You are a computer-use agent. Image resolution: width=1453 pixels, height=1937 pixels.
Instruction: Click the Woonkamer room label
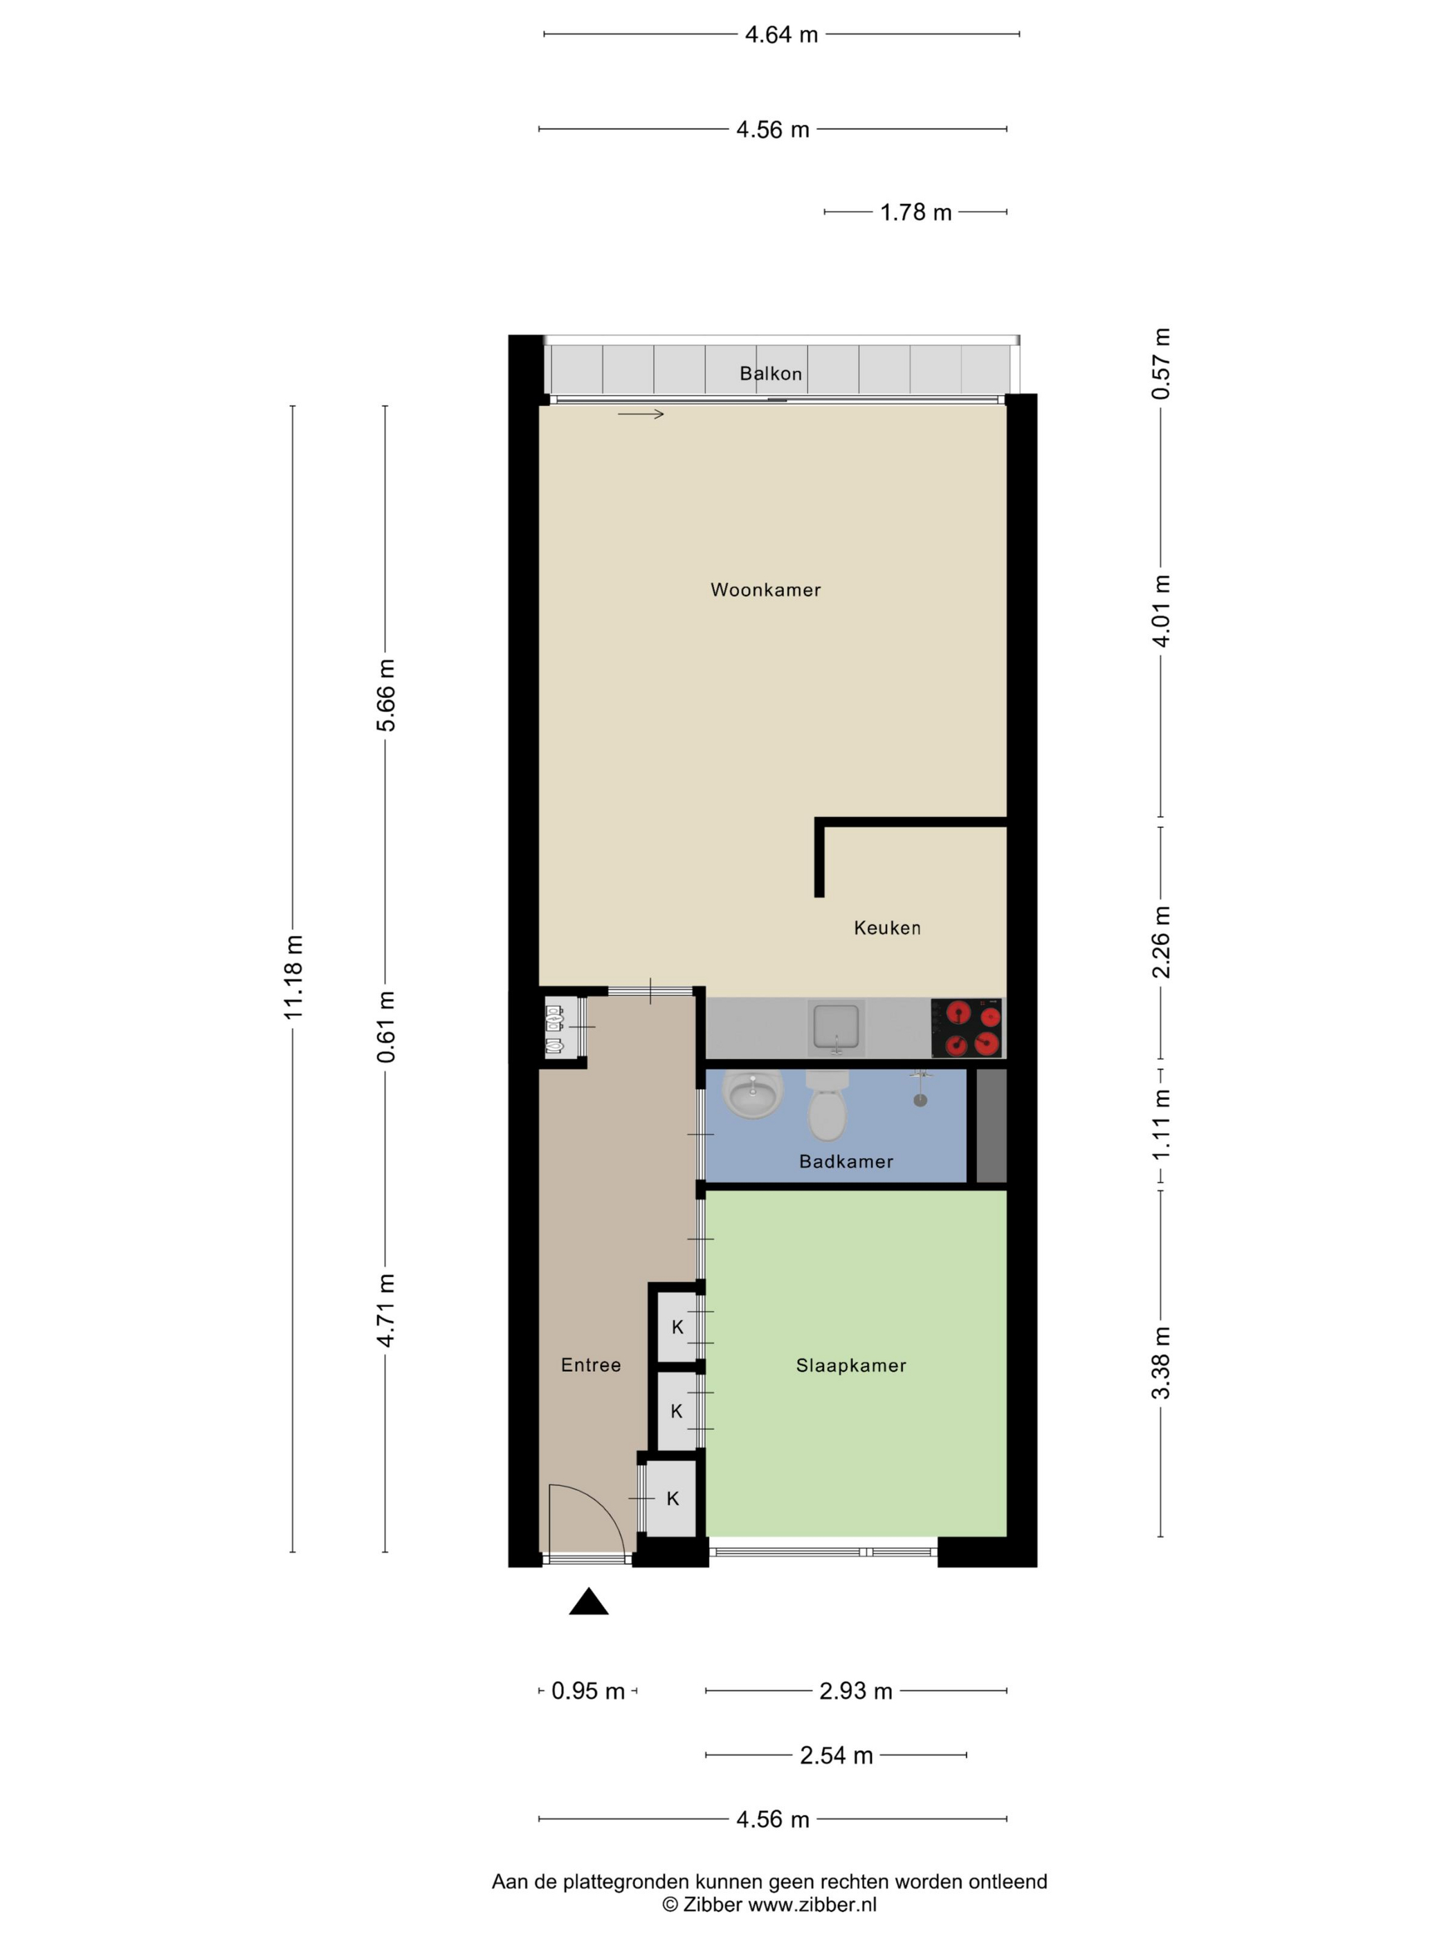point(765,590)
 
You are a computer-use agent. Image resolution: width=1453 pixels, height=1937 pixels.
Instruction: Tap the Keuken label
point(887,928)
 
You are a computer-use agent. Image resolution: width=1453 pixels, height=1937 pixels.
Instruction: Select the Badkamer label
point(846,1162)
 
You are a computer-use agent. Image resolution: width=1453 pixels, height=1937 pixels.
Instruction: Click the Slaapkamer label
point(850,1366)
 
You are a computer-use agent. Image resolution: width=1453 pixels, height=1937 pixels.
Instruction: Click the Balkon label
point(771,374)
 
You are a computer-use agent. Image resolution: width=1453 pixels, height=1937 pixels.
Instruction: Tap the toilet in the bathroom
point(827,1106)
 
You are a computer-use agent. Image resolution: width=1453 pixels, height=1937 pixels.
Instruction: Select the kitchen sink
point(837,1027)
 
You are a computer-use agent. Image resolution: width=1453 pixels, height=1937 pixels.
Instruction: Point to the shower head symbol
point(920,1088)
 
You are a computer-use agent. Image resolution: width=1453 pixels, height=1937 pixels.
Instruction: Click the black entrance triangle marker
point(589,1601)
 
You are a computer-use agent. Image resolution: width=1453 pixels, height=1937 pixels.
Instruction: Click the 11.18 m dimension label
point(293,976)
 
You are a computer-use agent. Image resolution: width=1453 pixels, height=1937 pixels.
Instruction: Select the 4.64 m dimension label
point(781,35)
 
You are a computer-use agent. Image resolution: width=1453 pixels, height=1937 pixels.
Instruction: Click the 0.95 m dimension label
point(587,1691)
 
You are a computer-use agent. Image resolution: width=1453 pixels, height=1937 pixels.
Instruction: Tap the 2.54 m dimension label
point(837,1756)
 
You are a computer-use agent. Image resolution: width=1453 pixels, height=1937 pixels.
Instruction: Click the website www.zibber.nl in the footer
point(812,1904)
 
